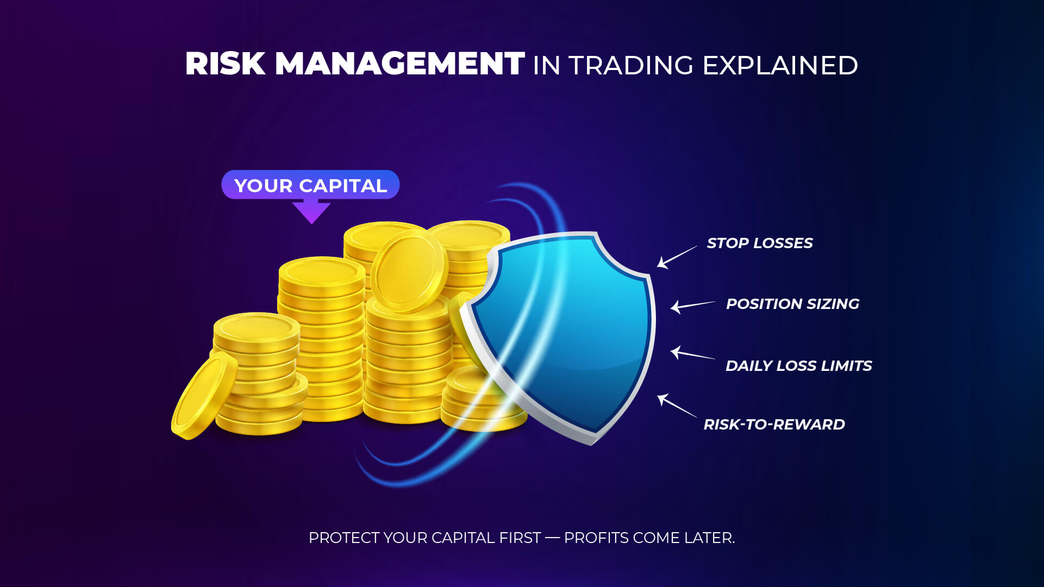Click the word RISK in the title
[225, 64]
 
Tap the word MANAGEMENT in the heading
[400, 64]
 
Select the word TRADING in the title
[631, 66]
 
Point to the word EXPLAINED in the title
[780, 66]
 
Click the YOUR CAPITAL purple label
[310, 185]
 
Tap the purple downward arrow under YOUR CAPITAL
[311, 212]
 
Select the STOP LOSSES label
[759, 243]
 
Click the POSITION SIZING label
[792, 304]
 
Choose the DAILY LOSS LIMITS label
[798, 366]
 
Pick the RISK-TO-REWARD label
[774, 425]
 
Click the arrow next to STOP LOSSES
[676, 257]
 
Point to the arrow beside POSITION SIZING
[692, 305]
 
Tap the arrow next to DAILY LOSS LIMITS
[692, 354]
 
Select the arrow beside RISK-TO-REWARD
[676, 406]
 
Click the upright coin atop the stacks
[409, 270]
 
